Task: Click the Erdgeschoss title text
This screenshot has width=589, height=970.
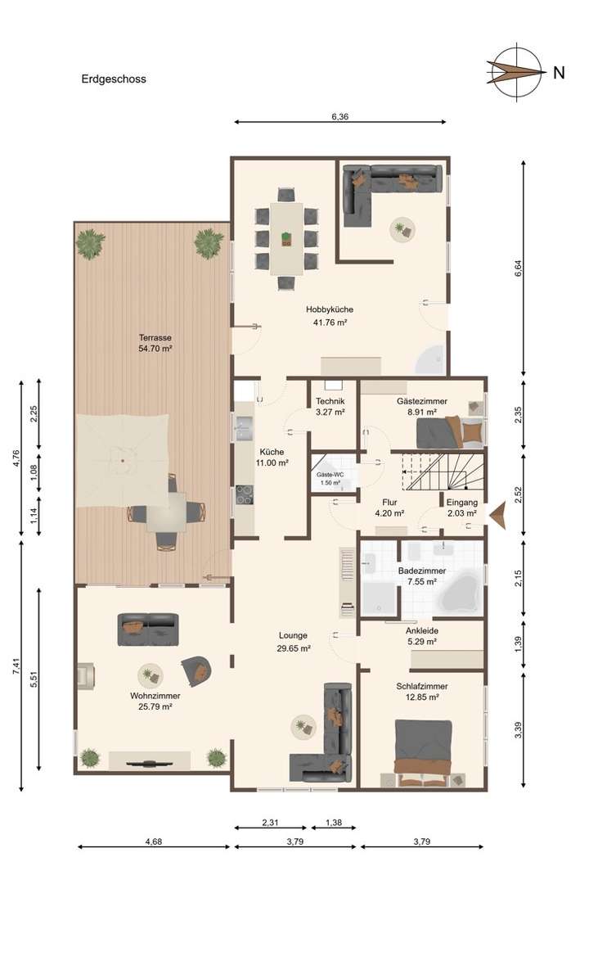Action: point(114,79)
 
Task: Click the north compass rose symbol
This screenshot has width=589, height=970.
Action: point(516,72)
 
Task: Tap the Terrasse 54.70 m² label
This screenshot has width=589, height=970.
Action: point(155,342)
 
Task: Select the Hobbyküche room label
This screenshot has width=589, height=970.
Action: point(330,315)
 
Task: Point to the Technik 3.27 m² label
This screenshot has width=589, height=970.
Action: point(330,407)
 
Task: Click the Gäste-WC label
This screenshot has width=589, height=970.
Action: point(330,478)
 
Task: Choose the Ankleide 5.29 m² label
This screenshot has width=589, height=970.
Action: point(420,636)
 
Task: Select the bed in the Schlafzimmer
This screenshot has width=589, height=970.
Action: point(422,751)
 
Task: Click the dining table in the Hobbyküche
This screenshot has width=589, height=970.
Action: point(286,239)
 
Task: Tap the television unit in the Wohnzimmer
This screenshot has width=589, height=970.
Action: point(152,763)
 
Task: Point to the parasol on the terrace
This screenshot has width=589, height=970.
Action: point(123,460)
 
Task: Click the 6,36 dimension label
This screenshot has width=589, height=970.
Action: point(340,117)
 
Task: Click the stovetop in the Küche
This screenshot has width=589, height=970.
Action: point(245,494)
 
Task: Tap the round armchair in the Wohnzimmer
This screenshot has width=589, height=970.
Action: point(197,670)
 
